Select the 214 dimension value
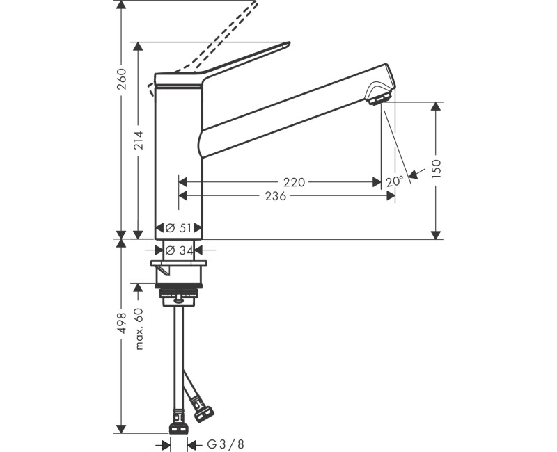coord(139,143)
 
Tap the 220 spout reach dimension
coord(294,182)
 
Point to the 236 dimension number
coord(276,197)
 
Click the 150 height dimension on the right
coord(437,169)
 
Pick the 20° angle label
coord(394,181)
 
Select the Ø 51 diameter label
coord(178,227)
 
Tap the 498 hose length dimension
coord(122,323)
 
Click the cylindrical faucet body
coord(178,160)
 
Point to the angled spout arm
coord(292,104)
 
